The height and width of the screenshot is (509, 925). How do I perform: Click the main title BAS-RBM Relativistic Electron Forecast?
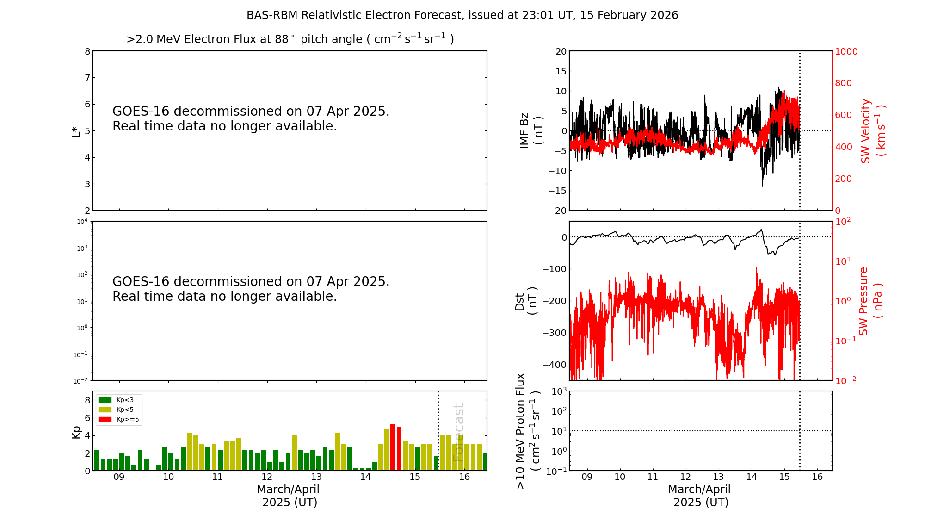(462, 15)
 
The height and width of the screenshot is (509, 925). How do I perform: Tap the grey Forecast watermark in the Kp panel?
(458, 432)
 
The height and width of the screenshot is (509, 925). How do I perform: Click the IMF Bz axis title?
(531, 130)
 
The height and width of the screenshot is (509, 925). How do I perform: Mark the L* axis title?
(76, 131)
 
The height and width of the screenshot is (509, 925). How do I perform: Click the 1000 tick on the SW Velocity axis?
(846, 51)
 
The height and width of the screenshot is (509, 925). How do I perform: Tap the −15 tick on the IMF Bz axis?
(557, 191)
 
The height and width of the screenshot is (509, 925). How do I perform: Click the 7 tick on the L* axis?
(87, 78)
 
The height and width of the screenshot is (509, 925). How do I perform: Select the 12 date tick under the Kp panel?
(267, 477)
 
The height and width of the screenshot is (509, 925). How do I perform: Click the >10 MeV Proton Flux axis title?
(528, 431)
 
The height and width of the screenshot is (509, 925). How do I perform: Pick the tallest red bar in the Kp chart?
(393, 447)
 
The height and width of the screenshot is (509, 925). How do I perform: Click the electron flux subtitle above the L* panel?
(290, 39)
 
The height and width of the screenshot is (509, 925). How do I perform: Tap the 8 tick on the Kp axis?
(87, 400)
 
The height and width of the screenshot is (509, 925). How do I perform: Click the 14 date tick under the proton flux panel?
(752, 477)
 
